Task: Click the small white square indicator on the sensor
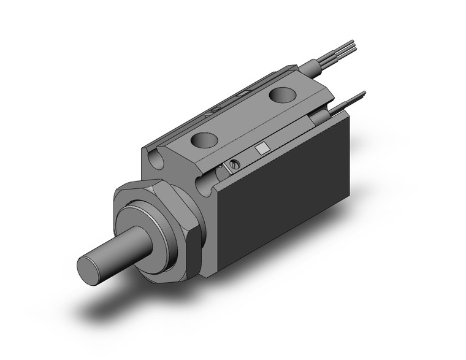[x=262, y=149]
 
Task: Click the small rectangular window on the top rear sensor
[x=243, y=94]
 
